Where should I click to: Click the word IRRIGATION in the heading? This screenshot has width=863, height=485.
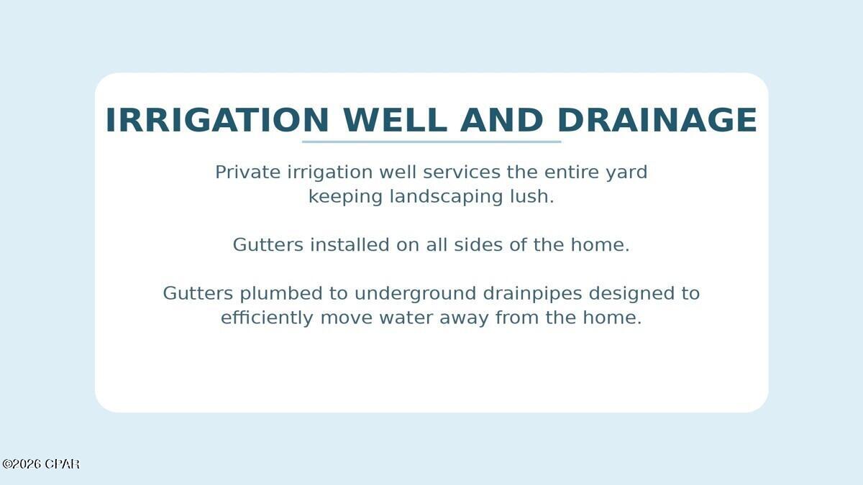217,120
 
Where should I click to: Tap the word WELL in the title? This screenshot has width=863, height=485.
395,120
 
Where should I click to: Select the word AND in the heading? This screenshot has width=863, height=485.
502,120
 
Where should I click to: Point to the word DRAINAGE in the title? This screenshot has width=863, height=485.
657,120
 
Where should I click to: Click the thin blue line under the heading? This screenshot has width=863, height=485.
431,142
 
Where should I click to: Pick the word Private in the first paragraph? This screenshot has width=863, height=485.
247,172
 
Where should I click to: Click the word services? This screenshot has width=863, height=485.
462,172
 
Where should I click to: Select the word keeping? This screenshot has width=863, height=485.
345,198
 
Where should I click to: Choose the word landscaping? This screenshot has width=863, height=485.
446,198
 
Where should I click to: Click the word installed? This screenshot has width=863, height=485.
350,245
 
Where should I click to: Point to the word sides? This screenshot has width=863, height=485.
478,245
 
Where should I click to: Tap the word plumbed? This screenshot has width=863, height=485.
281,293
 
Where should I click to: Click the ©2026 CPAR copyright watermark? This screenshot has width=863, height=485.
41,464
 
